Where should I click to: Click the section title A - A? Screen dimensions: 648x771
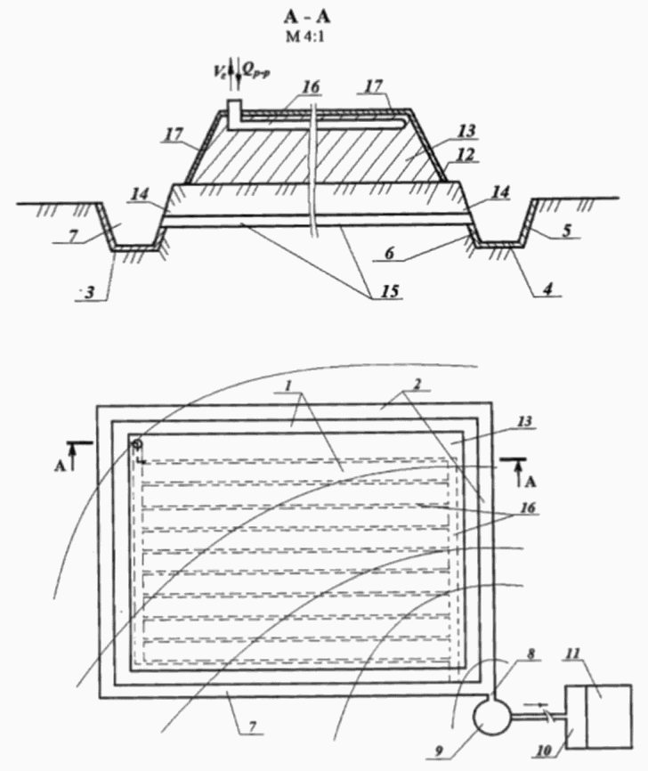307,16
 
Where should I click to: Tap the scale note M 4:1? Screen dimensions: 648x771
305,37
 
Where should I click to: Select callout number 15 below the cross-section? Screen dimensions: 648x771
389,291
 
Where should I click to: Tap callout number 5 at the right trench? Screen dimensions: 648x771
567,231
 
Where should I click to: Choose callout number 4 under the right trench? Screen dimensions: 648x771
547,288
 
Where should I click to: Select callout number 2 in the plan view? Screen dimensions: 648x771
416,385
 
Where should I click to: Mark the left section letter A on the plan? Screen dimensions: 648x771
60,467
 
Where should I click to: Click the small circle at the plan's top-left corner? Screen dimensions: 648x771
137,443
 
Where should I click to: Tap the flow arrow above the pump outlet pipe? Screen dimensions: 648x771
536,704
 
